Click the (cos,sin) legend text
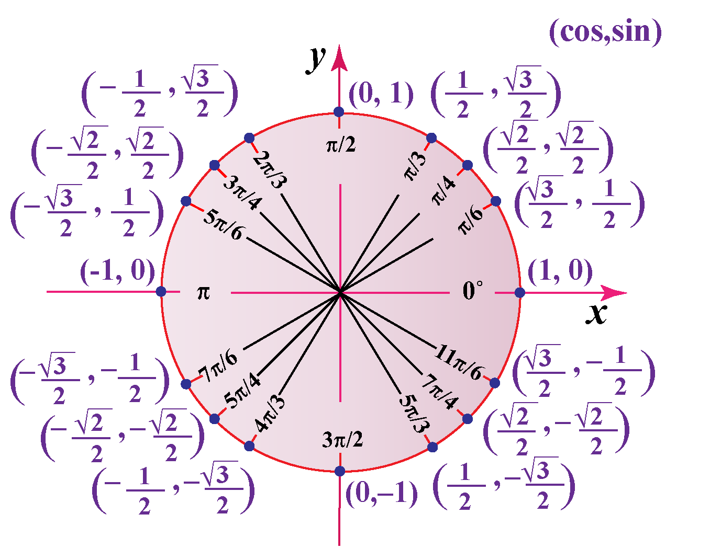tap(605, 32)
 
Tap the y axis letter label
tap(316, 60)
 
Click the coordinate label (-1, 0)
tap(117, 272)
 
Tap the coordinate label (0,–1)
tap(382, 494)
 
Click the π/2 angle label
tap(341, 144)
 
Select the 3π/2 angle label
tap(342, 440)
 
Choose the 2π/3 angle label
tap(270, 169)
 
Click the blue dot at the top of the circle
tap(339, 112)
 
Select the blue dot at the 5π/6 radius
tap(186, 201)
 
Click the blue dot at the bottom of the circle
tap(340, 471)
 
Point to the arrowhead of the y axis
tap(339, 58)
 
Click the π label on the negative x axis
tap(203, 293)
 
